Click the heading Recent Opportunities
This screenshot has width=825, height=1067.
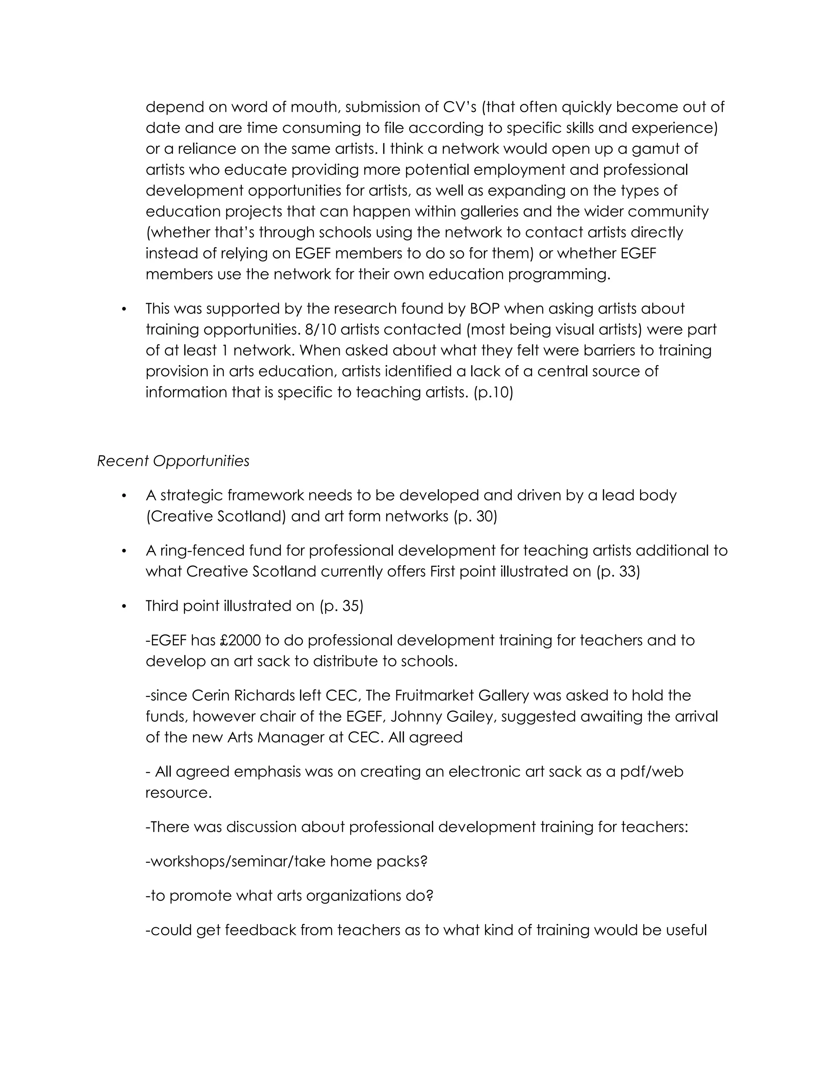coord(173,461)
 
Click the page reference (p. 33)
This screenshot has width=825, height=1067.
coord(618,572)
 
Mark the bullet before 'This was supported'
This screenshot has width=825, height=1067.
coord(124,309)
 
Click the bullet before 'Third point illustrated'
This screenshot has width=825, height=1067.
coord(124,606)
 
